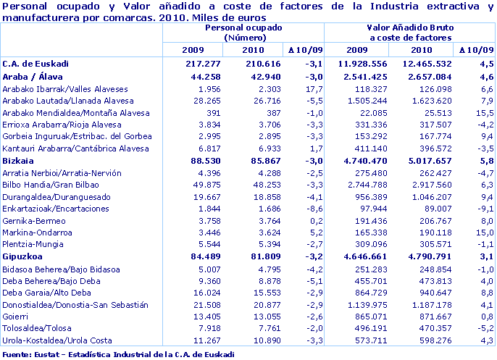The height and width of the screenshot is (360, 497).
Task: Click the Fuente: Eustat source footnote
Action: [x=118, y=353]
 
